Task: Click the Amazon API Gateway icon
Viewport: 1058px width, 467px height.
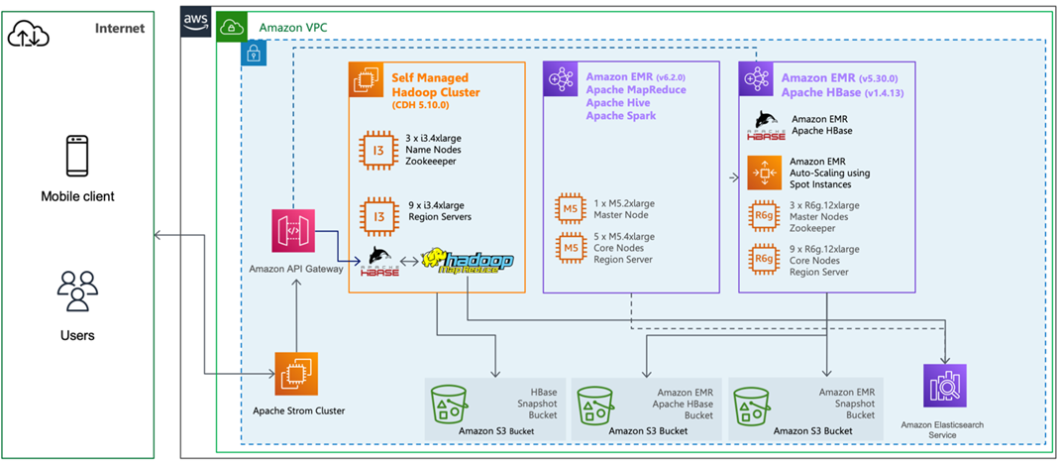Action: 293,231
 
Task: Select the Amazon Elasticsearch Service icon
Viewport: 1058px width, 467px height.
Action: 944,387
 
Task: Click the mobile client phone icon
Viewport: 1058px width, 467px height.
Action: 77,157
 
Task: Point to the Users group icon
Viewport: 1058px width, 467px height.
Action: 77,291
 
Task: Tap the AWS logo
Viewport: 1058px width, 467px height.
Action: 197,22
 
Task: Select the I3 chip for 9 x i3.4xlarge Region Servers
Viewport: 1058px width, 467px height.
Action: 379,212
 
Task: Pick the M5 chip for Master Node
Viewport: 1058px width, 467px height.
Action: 571,208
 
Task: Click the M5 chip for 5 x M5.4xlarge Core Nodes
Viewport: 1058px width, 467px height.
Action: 571,247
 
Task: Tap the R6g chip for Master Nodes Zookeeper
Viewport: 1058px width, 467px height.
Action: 764,215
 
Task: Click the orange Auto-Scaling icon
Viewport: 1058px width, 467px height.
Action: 764,173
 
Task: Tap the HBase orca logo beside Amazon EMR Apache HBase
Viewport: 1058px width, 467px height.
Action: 767,125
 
